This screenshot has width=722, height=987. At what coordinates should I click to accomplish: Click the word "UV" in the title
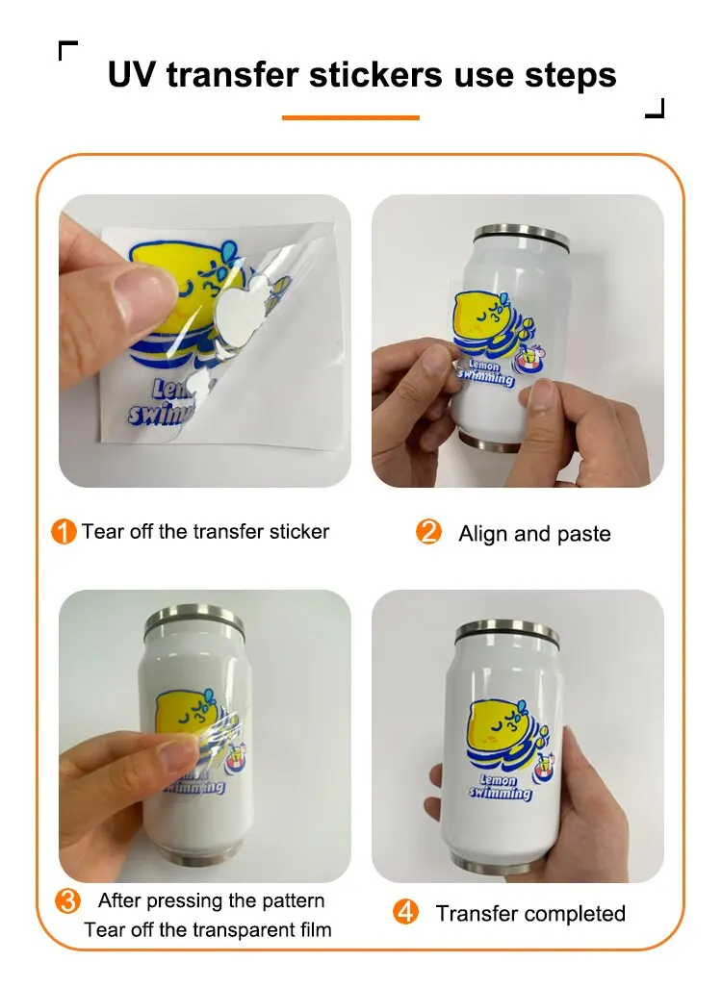132,74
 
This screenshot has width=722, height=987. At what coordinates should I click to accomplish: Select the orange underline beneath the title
350,117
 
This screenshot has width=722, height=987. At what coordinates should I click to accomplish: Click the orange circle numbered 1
64,532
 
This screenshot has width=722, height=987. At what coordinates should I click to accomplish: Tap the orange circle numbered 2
429,532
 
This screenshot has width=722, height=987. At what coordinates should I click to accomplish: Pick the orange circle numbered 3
67,901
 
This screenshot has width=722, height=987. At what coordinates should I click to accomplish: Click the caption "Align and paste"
534,534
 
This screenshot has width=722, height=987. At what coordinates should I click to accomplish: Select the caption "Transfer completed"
530,913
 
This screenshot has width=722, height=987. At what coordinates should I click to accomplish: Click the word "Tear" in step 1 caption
102,531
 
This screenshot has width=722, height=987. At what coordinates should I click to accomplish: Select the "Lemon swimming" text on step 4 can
500,786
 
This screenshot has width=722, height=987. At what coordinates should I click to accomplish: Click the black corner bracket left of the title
67,50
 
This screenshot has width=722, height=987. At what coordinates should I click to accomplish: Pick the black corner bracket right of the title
655,108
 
